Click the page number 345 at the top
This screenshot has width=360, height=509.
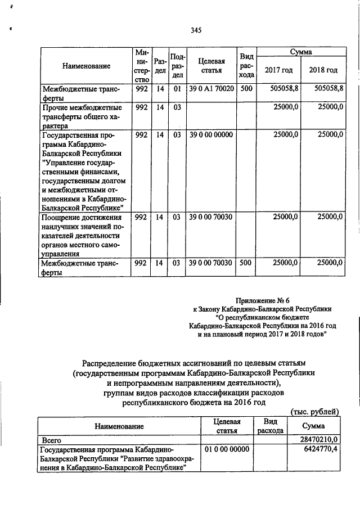coord(196,30)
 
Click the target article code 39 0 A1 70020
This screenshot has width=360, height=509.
coord(211,88)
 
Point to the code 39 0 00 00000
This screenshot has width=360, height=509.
coord(211,135)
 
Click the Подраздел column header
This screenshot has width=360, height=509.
coord(177,65)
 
